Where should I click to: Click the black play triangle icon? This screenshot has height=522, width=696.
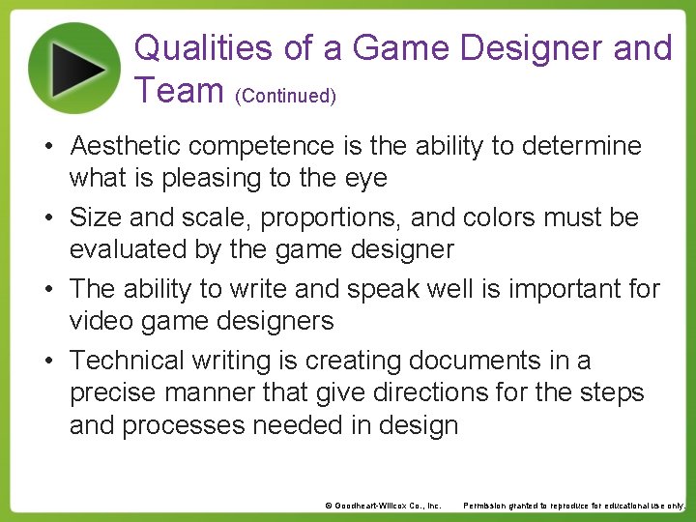click(78, 67)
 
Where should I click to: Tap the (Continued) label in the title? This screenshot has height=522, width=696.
click(285, 96)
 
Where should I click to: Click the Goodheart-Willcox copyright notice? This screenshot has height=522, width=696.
click(383, 506)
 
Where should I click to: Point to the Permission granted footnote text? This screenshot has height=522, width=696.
click(574, 506)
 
